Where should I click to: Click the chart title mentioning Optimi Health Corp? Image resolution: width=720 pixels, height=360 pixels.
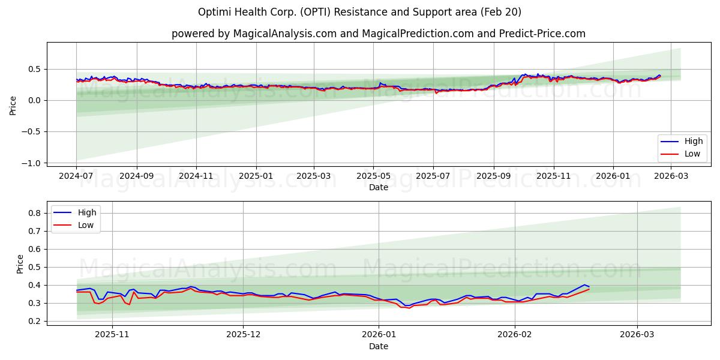click(359, 12)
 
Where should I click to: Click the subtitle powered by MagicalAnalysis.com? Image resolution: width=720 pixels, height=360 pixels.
click(378, 34)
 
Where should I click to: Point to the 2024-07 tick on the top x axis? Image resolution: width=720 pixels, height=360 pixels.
click(76, 176)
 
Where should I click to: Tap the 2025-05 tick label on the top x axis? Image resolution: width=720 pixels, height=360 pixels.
click(373, 176)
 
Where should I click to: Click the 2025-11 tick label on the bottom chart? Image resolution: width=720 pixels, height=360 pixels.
click(112, 335)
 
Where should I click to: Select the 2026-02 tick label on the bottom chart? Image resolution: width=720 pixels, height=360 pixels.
click(515, 335)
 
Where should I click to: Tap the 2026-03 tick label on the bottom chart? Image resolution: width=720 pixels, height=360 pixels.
click(637, 335)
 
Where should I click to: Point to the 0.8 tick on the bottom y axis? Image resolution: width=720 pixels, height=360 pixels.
click(35, 213)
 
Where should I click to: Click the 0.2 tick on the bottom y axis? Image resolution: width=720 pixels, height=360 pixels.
click(35, 322)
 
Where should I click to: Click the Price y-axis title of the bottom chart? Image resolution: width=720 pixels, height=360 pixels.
click(20, 264)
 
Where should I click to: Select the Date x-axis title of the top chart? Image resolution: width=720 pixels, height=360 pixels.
click(378, 187)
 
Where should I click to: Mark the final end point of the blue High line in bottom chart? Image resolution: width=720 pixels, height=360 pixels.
click(589, 287)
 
